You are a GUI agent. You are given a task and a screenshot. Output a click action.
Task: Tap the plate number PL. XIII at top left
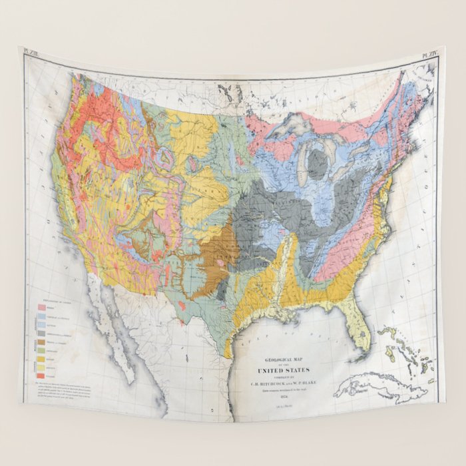click(32, 51)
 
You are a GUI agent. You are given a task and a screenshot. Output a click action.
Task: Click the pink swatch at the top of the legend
click(41, 308)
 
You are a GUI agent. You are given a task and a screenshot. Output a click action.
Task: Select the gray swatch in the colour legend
click(41, 333)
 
